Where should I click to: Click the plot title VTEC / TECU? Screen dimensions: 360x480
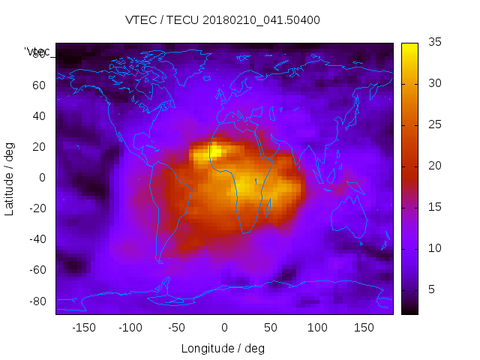(223, 20)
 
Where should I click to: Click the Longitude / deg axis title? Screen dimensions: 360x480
(223, 348)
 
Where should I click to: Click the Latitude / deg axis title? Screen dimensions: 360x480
(10, 178)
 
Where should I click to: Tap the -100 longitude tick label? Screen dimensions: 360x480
(130, 328)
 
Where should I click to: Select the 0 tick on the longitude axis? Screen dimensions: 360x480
(223, 328)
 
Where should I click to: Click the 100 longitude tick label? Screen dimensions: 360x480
(317, 328)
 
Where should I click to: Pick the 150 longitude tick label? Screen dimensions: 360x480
(364, 328)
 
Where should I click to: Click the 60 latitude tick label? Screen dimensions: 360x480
(38, 85)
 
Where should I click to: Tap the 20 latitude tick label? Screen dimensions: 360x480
(38, 146)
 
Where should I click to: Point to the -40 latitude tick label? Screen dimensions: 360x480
(36, 239)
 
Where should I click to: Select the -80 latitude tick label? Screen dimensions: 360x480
(36, 301)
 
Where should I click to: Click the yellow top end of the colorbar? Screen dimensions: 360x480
(409, 47)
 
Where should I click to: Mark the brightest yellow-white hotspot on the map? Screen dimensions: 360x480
(215, 151)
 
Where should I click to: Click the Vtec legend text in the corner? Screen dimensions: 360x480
(37, 52)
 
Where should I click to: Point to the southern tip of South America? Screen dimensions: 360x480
(160, 260)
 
